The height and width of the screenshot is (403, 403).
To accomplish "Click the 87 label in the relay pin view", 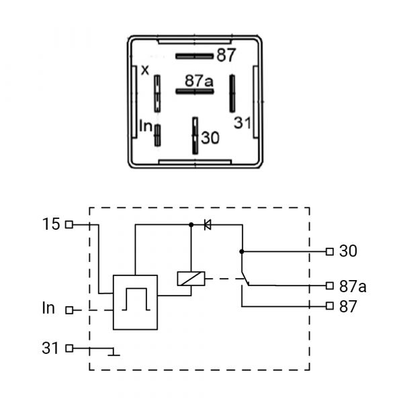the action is click(x=226, y=55).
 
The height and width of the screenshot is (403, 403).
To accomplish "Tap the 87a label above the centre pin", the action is click(x=199, y=81).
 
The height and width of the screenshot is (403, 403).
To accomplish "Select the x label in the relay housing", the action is click(x=145, y=70).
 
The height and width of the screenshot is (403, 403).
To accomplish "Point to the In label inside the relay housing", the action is click(x=146, y=126).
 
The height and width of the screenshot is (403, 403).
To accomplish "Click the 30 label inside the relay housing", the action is click(x=210, y=138).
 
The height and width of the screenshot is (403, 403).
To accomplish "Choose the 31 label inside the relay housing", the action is click(x=242, y=123).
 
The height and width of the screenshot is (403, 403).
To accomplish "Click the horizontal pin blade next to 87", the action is click(x=195, y=56).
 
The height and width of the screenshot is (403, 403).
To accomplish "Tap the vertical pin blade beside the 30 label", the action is click(x=195, y=136).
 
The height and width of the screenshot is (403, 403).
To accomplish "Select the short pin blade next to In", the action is click(x=157, y=135).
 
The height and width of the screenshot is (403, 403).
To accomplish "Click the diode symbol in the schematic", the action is click(x=208, y=224).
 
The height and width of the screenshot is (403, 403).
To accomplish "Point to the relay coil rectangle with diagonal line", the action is click(x=191, y=279).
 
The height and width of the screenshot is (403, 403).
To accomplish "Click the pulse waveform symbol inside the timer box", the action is click(x=136, y=299).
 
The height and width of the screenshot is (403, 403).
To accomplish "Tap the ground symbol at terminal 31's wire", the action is click(x=114, y=353).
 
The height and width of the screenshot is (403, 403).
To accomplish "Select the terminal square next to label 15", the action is click(x=69, y=224).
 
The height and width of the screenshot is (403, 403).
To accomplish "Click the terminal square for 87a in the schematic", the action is click(x=330, y=285).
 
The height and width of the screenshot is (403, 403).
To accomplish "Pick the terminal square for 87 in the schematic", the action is click(x=330, y=306).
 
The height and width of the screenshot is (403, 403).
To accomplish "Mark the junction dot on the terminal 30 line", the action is click(x=242, y=251).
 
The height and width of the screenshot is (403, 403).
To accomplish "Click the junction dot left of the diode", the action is click(x=191, y=224).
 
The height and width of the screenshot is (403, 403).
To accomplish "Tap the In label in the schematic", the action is click(x=48, y=308).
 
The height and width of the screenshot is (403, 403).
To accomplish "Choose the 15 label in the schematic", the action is click(x=51, y=224).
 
